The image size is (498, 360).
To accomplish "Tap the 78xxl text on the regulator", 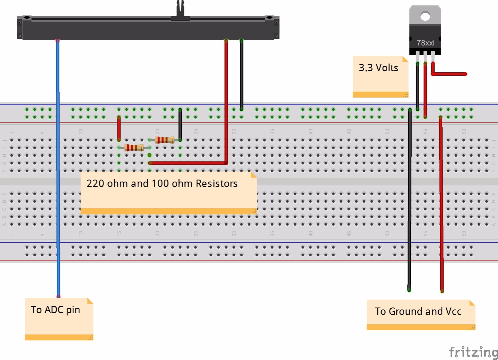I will click(x=425, y=43).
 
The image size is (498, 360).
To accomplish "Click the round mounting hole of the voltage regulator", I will click(x=425, y=16).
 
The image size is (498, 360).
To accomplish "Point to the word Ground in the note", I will click(x=406, y=311).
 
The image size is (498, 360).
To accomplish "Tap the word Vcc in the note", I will click(x=454, y=311).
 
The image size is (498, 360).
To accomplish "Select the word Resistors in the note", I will click(x=216, y=183).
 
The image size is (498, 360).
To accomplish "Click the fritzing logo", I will click(x=473, y=352).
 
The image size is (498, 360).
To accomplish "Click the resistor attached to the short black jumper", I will click(x=164, y=140).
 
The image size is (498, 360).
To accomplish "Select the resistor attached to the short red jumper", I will click(x=134, y=147).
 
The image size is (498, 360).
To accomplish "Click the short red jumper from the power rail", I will click(x=119, y=129).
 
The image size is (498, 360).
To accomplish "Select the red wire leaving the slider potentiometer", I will click(x=226, y=100).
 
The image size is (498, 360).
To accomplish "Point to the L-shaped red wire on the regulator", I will click(x=449, y=74).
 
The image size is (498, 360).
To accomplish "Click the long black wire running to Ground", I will click(x=410, y=200).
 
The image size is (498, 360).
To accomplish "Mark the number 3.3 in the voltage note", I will click(x=366, y=68).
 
